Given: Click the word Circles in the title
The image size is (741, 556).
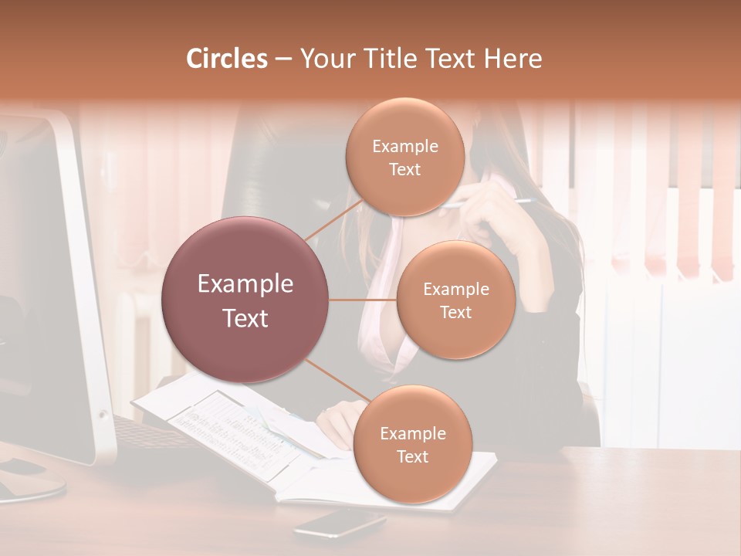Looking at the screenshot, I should click(227, 59).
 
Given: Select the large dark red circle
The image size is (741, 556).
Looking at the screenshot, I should click(245, 300).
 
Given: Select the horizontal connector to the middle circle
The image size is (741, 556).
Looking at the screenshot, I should click(363, 300).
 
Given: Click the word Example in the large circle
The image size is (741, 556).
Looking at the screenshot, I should click(245, 284).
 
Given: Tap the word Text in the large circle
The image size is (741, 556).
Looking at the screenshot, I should click(245, 318).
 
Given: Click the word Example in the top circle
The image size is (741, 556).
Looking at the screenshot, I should click(404, 146).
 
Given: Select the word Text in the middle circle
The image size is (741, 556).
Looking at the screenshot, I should click(455, 312).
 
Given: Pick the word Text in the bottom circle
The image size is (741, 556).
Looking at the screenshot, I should click(412, 456).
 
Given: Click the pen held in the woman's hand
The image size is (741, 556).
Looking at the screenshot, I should click(494, 203).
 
